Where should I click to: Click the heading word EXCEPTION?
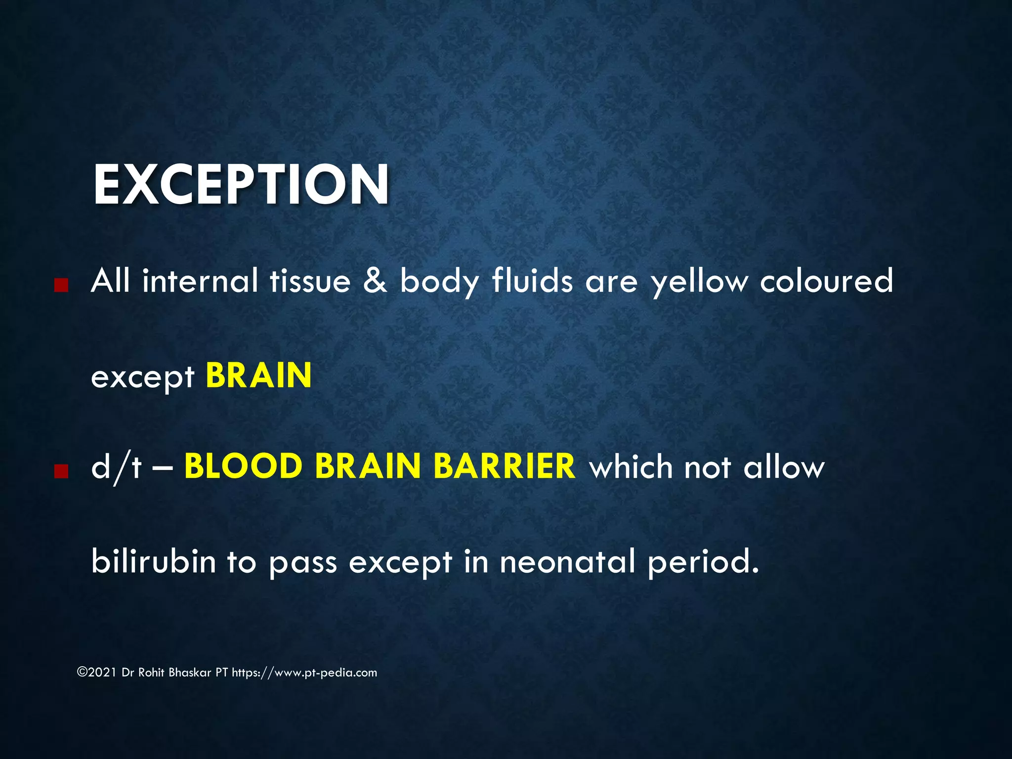coord(241,184)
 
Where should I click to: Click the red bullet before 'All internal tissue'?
coord(61,285)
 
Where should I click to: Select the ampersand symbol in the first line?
coord(375,280)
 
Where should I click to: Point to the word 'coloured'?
coord(826,280)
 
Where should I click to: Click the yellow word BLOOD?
coord(243,466)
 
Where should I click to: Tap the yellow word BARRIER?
coord(505,466)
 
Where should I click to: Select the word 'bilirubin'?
coord(154,561)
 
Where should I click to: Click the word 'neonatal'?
coord(567,561)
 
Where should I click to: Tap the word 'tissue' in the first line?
coord(310,280)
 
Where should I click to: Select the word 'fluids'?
coord(532,280)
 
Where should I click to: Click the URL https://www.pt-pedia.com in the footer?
coord(304,673)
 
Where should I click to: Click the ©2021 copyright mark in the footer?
coord(97,673)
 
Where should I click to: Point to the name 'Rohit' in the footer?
coord(151,673)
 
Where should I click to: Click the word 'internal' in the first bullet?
coord(200,280)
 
